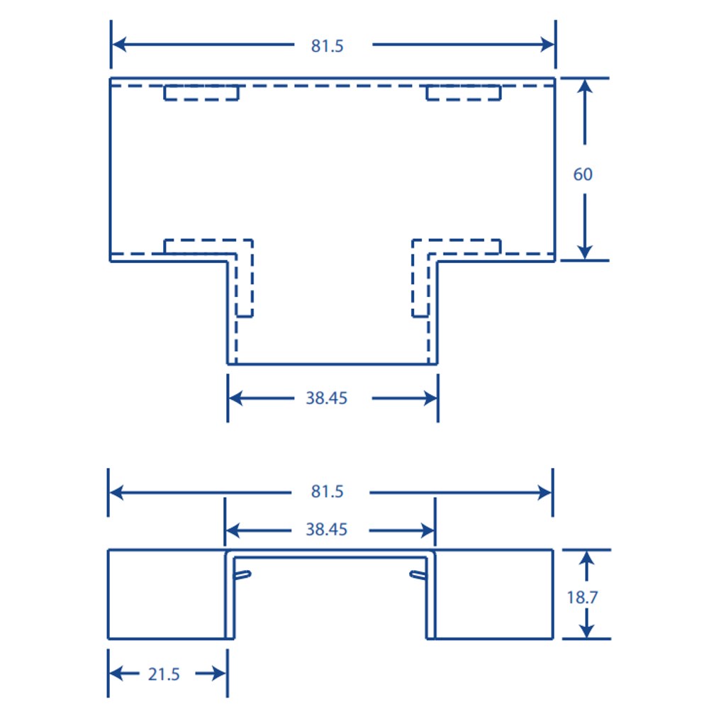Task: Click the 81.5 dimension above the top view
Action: [x=327, y=45]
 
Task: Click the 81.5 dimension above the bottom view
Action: [x=327, y=491]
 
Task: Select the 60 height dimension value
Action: [x=583, y=174]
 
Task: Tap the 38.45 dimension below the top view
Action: [x=326, y=398]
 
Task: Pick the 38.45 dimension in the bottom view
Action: [x=326, y=529]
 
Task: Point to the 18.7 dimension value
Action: [x=582, y=597]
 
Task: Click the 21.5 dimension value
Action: [x=164, y=674]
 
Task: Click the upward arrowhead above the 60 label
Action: [x=585, y=86]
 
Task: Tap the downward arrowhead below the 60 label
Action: [x=585, y=252]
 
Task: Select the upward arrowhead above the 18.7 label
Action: [x=586, y=558]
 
